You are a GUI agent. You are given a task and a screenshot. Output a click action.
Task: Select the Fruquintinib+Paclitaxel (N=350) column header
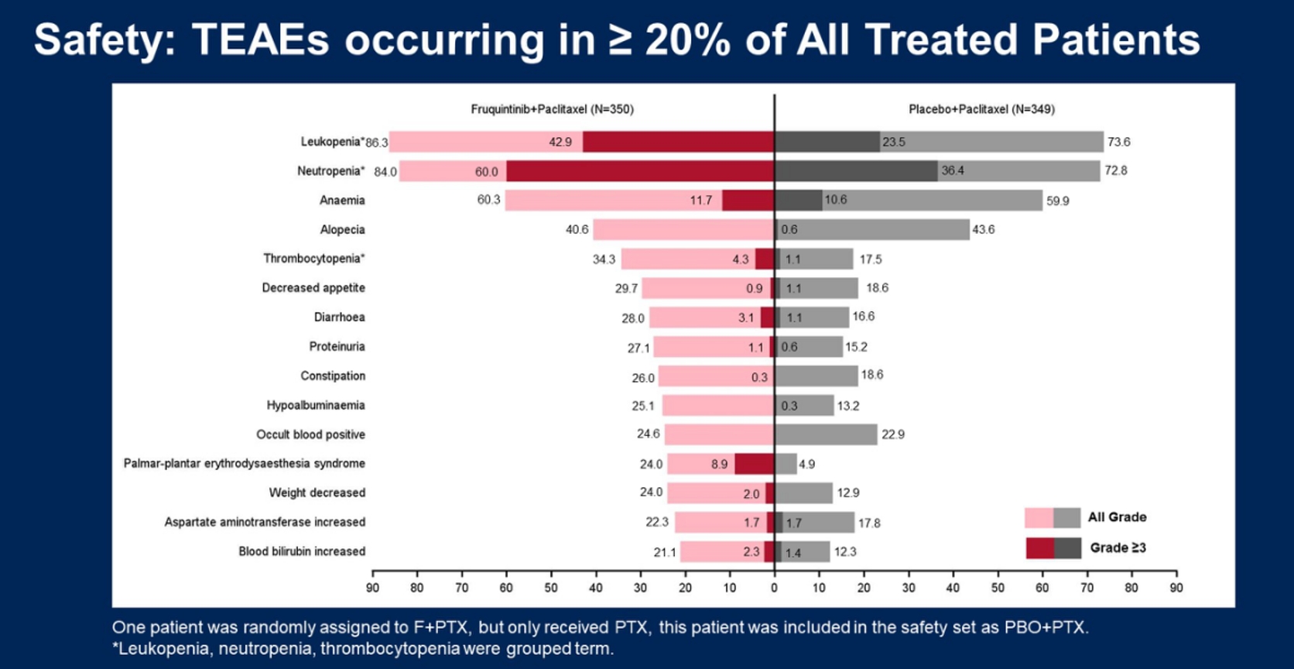point(552,109)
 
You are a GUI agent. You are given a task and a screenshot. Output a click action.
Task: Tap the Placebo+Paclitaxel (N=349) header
point(981,109)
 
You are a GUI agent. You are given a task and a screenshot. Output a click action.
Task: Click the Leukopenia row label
point(332,142)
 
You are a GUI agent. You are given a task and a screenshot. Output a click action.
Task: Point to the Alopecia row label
point(342,229)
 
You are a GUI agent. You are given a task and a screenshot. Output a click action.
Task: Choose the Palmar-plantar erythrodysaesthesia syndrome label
point(244,463)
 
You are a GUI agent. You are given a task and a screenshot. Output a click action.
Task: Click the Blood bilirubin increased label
point(302,551)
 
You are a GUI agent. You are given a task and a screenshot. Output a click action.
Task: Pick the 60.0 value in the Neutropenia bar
point(486,172)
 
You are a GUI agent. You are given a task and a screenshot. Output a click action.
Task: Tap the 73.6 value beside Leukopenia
point(1118,142)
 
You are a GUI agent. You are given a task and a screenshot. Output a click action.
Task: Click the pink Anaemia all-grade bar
point(611,201)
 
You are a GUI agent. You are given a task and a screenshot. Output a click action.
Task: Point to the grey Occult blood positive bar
point(826,434)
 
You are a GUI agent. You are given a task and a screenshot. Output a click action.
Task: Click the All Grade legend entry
point(1117,517)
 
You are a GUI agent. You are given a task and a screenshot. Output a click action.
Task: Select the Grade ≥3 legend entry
point(1118,547)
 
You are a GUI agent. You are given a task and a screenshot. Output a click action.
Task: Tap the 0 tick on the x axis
point(774,588)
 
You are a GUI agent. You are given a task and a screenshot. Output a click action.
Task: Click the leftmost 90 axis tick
point(372,588)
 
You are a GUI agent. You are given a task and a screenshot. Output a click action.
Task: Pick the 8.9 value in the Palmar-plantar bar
point(719,465)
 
